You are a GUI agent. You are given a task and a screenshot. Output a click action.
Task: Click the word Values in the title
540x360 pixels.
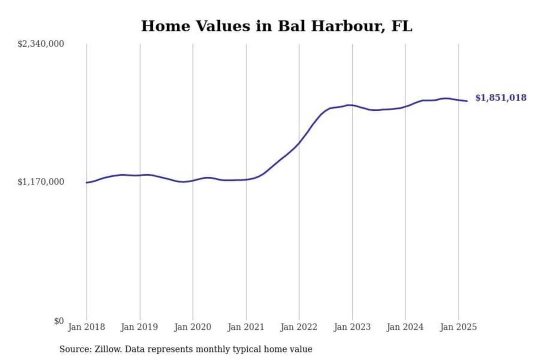point(223,26)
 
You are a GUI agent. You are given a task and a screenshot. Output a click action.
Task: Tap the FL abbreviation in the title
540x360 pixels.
point(402,26)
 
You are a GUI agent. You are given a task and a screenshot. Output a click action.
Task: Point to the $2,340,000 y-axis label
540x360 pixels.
point(40,44)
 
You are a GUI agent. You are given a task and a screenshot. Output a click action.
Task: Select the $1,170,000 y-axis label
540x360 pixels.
point(40,182)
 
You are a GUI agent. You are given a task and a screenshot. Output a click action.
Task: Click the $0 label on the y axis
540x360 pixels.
point(58,321)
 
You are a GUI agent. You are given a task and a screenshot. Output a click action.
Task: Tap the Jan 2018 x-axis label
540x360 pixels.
point(86,327)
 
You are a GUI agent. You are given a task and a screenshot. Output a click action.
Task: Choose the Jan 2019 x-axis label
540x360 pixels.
point(139,327)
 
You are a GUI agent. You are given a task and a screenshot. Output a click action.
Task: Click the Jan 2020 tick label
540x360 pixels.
point(193,327)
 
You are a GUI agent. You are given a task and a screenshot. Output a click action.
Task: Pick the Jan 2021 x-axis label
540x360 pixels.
point(246,327)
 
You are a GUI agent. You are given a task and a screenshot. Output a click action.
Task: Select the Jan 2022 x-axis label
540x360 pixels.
point(299,327)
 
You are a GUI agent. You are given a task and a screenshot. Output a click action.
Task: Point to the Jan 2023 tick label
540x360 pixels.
point(352,327)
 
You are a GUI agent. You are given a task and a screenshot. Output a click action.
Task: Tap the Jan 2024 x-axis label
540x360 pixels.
point(405,327)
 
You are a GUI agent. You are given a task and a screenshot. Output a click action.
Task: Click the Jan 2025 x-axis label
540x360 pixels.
point(458,327)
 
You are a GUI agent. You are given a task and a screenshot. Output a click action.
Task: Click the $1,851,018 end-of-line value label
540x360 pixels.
point(501,98)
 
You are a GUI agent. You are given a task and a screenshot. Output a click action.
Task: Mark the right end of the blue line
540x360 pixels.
point(467,101)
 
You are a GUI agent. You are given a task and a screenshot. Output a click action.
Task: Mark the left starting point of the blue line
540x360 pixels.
point(87,183)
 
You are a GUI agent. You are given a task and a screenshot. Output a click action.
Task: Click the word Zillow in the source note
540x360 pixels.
point(108,349)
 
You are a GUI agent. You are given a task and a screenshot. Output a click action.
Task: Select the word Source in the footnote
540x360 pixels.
point(75,349)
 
